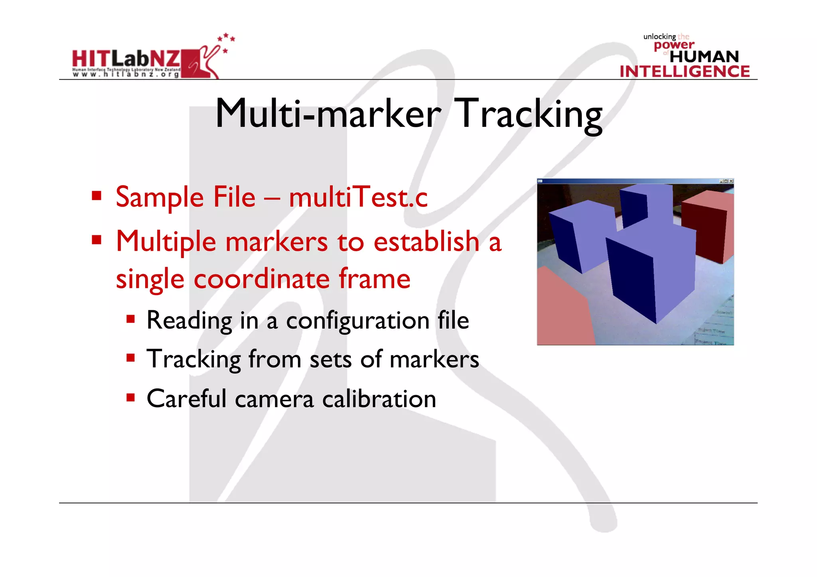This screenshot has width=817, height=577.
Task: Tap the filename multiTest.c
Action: pos(358,197)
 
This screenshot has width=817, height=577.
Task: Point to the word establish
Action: pos(426,242)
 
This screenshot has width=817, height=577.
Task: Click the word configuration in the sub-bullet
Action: pos(357,321)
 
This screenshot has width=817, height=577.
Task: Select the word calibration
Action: pos(379,399)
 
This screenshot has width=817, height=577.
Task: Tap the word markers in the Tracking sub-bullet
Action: pos(434,359)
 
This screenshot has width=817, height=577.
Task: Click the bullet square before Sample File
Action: pos(97,196)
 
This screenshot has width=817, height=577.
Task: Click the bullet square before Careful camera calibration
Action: pos(130,398)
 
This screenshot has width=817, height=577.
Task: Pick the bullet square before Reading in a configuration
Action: pos(130,319)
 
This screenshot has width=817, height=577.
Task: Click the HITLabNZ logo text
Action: pos(126,59)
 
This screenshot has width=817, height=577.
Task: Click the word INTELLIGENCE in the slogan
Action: pos(685,71)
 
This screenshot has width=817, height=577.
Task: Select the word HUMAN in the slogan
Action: pos(704,57)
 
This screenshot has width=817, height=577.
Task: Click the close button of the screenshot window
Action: pos(731,181)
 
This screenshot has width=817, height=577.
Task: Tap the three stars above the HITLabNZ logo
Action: pos(226,37)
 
